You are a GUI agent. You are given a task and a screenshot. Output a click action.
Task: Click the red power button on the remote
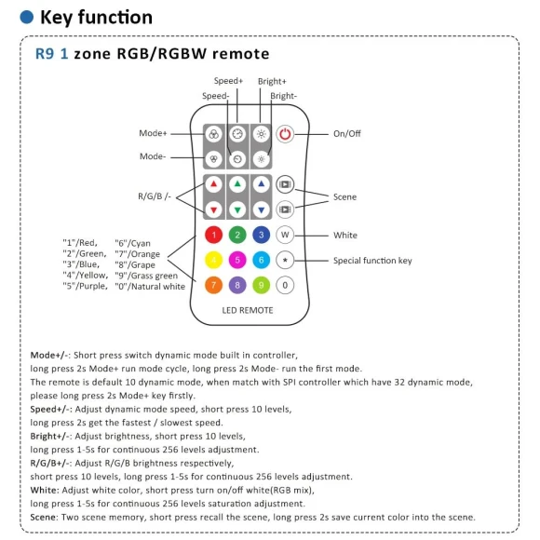(x=285, y=134)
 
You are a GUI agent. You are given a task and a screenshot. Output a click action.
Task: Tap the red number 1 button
(x=213, y=235)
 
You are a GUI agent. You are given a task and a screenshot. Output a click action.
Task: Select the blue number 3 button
(x=262, y=235)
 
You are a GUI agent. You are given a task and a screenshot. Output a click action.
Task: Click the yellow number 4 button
(x=213, y=260)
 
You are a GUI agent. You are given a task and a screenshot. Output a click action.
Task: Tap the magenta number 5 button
(x=237, y=260)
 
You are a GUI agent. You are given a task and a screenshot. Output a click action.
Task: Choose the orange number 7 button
(x=213, y=285)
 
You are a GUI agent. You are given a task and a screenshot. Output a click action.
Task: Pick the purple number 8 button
(x=237, y=285)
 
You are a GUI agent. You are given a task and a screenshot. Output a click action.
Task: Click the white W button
(x=286, y=235)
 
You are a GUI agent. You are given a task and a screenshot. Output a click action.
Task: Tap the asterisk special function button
(x=286, y=260)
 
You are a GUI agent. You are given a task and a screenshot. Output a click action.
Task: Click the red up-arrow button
(x=213, y=184)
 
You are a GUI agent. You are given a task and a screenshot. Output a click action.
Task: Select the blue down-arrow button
(x=262, y=209)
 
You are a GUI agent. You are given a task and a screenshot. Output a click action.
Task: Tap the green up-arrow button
(x=237, y=184)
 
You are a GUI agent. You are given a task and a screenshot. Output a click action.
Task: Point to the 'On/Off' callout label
(x=346, y=134)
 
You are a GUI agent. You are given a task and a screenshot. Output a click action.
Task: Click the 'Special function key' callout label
(x=372, y=261)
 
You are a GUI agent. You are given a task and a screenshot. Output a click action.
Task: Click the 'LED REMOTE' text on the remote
(x=249, y=308)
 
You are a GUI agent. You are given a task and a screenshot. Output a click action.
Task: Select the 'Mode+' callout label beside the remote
(x=154, y=134)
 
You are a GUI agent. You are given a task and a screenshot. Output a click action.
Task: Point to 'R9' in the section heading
(x=46, y=54)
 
